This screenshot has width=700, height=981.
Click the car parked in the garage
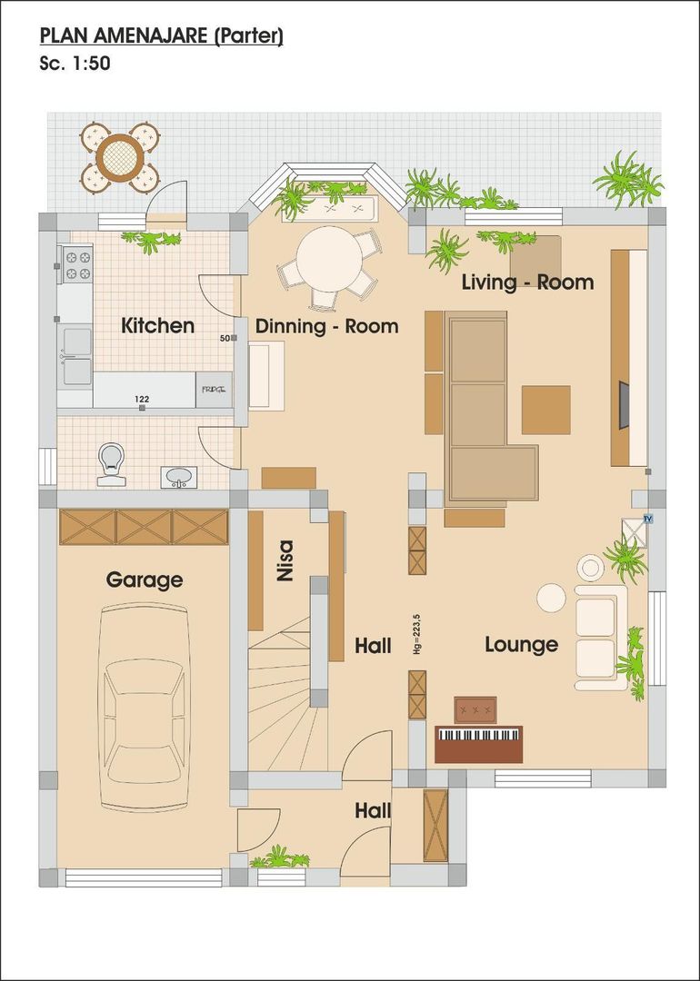click(x=145, y=708)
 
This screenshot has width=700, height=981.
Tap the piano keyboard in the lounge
click(x=479, y=734)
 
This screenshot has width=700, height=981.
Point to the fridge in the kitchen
click(x=215, y=390)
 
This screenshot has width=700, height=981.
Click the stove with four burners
click(x=77, y=263)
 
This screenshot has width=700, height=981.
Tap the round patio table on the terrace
click(x=119, y=157)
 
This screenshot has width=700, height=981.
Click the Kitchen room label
click(x=157, y=325)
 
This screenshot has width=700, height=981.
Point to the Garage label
click(x=145, y=580)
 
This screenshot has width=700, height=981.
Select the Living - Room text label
click(x=527, y=282)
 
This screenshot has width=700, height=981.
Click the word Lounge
click(x=520, y=644)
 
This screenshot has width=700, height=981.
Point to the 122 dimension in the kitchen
click(x=142, y=399)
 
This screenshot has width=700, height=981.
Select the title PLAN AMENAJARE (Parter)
click(x=162, y=36)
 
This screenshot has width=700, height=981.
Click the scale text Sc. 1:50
click(x=75, y=64)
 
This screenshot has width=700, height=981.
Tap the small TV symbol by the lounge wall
click(x=648, y=519)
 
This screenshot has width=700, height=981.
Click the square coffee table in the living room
click(x=545, y=410)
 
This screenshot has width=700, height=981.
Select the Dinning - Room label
click(x=326, y=326)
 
